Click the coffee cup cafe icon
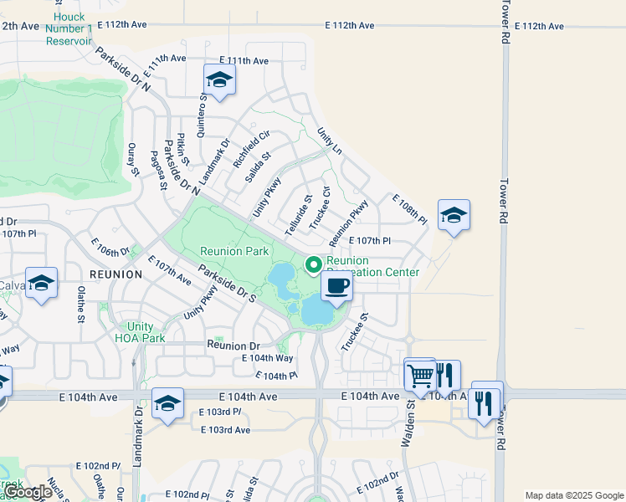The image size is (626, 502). coord(336,287)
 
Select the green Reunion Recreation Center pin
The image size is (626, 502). coord(315,265)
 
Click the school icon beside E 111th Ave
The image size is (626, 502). coord(219,80)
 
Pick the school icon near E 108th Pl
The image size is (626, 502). coord(454,215)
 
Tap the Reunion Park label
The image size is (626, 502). coord(233,251)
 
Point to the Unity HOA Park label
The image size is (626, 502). coord(141,332)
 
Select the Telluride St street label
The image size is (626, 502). coord(296,213)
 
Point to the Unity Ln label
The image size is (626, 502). coord(330,141)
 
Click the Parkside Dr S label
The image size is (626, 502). coord(227,284)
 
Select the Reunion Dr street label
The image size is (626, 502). coord(233,345)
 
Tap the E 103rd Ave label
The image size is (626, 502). coord(225,429)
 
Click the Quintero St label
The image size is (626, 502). coord(202,113)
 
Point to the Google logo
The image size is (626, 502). coord(29,492)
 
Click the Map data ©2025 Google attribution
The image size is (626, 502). coord(574,495)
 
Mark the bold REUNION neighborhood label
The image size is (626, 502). coord(115,274)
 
